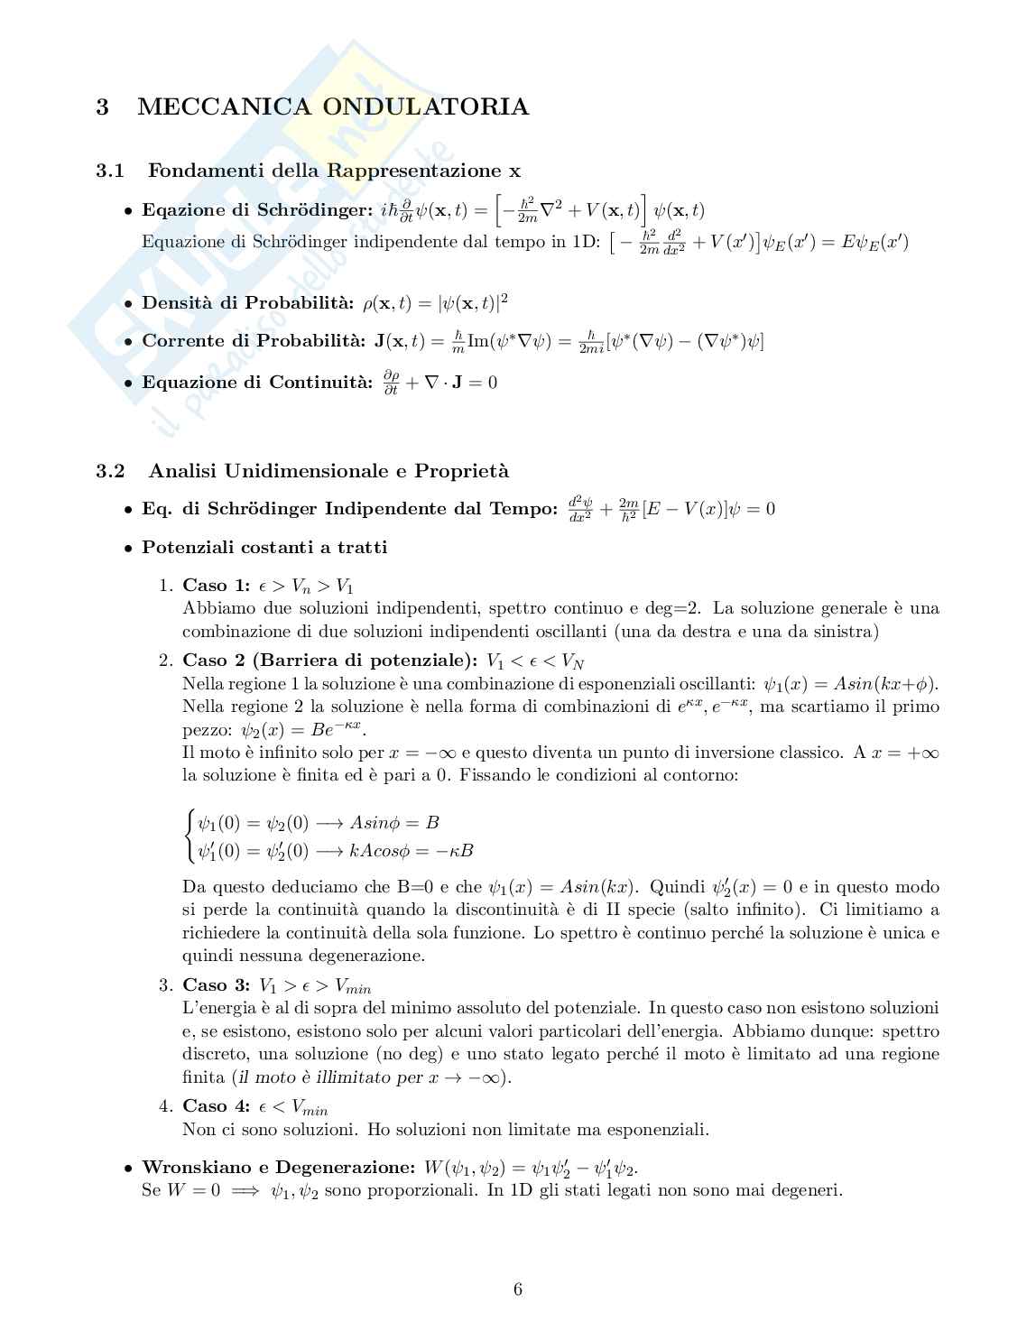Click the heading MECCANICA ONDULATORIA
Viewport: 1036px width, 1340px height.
[x=332, y=107]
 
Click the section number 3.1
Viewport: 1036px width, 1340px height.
[x=109, y=171]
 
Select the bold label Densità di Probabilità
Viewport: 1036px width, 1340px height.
[x=248, y=302]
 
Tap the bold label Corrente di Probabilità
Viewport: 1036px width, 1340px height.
[x=254, y=341]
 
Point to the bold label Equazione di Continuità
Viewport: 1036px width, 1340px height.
[x=256, y=383]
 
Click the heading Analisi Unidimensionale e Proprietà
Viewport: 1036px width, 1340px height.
[x=328, y=471]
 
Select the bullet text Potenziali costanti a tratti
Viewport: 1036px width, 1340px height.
[x=264, y=548]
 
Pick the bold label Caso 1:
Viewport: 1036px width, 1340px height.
[x=216, y=586]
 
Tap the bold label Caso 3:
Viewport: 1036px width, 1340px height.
[x=216, y=985]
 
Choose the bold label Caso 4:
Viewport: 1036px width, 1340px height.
[x=216, y=1106]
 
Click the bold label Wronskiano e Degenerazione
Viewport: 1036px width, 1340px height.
[x=279, y=1168]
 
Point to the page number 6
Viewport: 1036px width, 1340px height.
[x=518, y=1289]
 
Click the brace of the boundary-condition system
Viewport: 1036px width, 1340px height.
[x=189, y=836]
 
